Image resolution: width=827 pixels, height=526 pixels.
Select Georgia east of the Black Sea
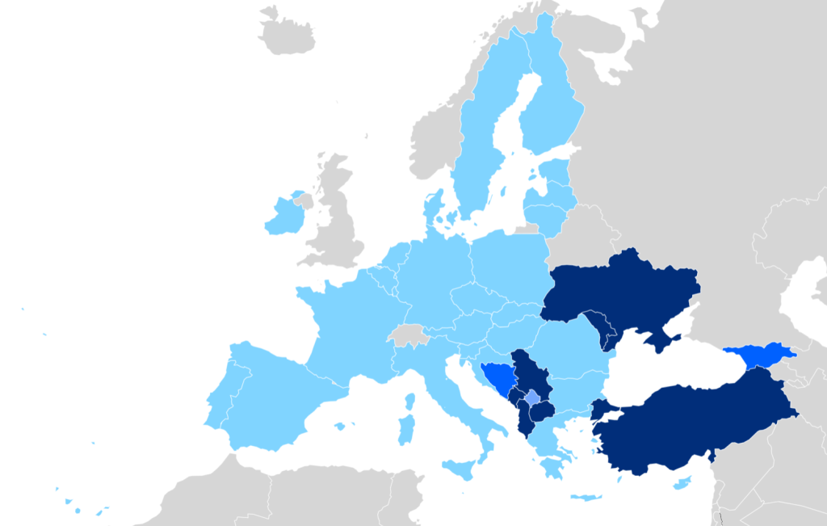tap(759, 356)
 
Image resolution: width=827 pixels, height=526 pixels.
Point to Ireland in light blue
tap(283, 217)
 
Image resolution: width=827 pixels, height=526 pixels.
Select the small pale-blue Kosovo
tap(531, 397)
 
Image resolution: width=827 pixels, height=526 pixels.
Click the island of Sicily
tap(459, 468)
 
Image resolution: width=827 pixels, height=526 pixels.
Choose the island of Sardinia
tap(407, 429)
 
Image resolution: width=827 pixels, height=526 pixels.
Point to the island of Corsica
tap(410, 401)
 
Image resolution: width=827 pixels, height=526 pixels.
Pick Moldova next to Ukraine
tap(601, 323)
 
